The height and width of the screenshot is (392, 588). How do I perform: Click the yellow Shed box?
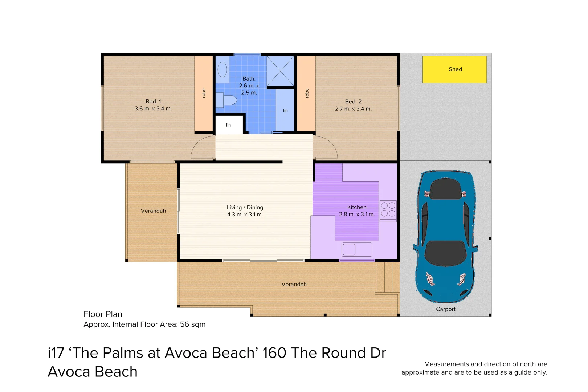[454, 69]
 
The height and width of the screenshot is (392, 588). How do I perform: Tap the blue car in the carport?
[446, 236]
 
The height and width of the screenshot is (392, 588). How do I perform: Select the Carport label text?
[445, 309]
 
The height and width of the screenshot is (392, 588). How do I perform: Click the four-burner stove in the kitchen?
[388, 210]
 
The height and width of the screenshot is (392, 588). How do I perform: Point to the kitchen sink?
[357, 250]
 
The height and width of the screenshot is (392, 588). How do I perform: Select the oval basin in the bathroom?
[222, 70]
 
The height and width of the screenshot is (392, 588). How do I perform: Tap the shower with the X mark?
[281, 72]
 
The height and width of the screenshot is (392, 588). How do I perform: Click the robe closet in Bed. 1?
[204, 93]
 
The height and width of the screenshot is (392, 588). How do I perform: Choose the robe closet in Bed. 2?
[306, 93]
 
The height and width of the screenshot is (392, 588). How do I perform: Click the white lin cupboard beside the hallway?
[229, 125]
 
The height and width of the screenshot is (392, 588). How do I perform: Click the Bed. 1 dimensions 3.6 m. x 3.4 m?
[153, 109]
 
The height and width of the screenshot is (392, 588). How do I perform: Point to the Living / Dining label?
[245, 208]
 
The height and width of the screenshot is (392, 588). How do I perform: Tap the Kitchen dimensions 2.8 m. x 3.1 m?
[357, 215]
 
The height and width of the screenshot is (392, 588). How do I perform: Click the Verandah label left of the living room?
[153, 211]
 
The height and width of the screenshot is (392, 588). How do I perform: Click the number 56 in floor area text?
[184, 324]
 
